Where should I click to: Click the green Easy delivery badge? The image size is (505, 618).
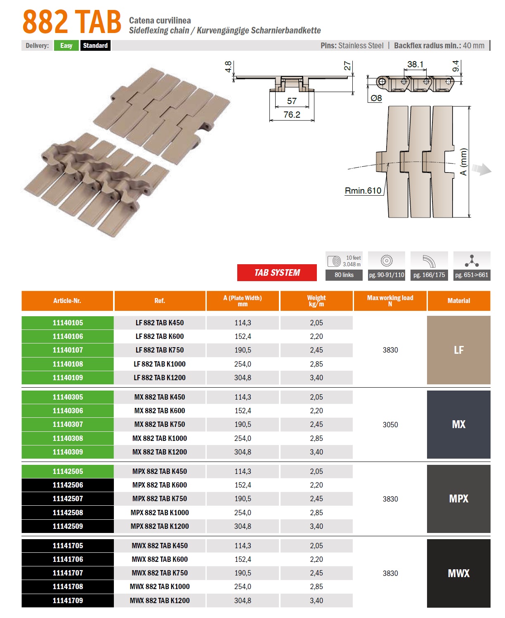pyautogui.click(x=66, y=45)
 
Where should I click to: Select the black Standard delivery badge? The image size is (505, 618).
pyautogui.click(x=95, y=45)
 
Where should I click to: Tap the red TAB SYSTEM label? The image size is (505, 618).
pyautogui.click(x=276, y=272)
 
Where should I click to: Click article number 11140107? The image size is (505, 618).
pyautogui.click(x=68, y=350)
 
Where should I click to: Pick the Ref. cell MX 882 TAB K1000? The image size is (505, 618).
pyautogui.click(x=160, y=438)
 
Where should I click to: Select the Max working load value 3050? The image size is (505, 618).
pyautogui.click(x=390, y=424)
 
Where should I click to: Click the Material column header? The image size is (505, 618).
pyautogui.click(x=458, y=301)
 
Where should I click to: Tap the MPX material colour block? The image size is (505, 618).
pyautogui.click(x=458, y=498)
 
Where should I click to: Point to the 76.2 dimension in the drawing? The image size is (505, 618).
pyautogui.click(x=292, y=115)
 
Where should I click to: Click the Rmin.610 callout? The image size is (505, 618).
pyautogui.click(x=363, y=191)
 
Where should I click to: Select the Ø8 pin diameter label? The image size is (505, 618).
pyautogui.click(x=376, y=98)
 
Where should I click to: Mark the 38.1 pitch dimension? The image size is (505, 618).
pyautogui.click(x=415, y=64)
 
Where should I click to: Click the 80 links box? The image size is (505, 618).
pyautogui.click(x=344, y=275)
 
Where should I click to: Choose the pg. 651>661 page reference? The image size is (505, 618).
pyautogui.click(x=472, y=275)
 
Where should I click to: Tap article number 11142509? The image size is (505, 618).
pyautogui.click(x=68, y=526)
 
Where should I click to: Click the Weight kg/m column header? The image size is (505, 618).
pyautogui.click(x=316, y=301)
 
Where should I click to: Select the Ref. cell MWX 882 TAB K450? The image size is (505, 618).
pyautogui.click(x=160, y=545)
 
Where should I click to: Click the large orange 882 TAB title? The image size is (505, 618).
pyautogui.click(x=72, y=22)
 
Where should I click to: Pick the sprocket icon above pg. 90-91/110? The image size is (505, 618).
pyautogui.click(x=386, y=260)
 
